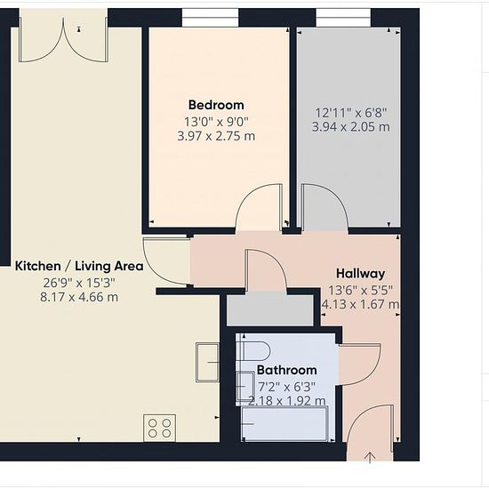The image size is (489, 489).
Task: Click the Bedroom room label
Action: click(x=216, y=105)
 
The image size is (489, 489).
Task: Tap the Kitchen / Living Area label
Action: click(x=79, y=267)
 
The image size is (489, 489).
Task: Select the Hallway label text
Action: click(x=360, y=274)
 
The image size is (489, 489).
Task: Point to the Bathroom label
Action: click(x=287, y=370)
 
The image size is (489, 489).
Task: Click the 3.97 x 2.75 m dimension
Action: click(x=216, y=136)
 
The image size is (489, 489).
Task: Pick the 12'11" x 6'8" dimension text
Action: click(x=351, y=113)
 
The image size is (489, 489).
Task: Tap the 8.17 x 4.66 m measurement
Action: click(x=79, y=297)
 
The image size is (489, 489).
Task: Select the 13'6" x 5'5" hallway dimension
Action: click(x=360, y=291)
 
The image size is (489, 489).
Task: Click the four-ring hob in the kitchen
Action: click(x=160, y=428)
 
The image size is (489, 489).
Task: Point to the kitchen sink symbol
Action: click(x=207, y=363)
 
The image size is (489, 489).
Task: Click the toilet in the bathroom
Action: click(x=253, y=351)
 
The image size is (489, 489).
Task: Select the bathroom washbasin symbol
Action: click(x=245, y=386)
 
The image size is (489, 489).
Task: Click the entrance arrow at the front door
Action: click(x=370, y=457)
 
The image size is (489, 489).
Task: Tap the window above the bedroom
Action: click(x=210, y=18)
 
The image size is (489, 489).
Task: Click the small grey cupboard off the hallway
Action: click(x=270, y=310)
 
